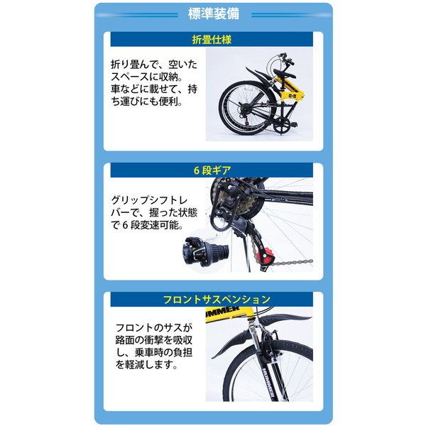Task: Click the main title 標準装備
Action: point(214,14)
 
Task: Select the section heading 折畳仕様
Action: point(212,40)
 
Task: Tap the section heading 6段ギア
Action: point(212,170)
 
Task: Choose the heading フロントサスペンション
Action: point(217,300)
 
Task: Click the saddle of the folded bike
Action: point(285,74)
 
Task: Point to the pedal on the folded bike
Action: point(293,125)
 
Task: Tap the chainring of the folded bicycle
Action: point(282,127)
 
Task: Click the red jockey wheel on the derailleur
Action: point(263,256)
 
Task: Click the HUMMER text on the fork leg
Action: point(269,382)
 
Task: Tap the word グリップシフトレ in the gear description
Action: point(149,200)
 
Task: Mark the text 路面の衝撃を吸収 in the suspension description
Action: point(154,340)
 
